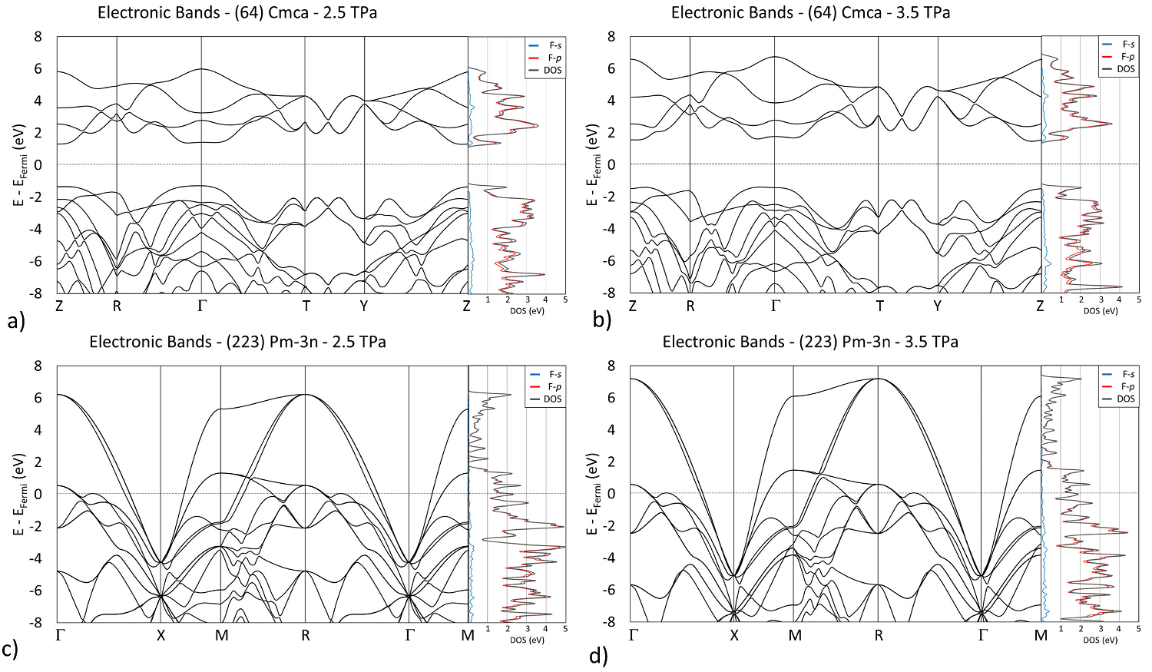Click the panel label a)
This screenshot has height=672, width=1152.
(x=15, y=320)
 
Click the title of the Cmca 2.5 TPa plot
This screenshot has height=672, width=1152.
(x=237, y=12)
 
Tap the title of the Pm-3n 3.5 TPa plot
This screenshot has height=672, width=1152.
(x=810, y=342)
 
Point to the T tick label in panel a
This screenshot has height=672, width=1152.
(x=306, y=306)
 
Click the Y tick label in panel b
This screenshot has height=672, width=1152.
(x=938, y=306)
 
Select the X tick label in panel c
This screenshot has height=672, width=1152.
(x=161, y=635)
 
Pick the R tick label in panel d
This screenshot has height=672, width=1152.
(x=879, y=635)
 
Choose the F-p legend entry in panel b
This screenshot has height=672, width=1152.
(x=1127, y=57)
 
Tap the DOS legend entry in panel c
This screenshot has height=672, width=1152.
(x=553, y=399)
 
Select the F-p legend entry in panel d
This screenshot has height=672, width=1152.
(x=1127, y=386)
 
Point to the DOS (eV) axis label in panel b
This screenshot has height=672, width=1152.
(x=1101, y=311)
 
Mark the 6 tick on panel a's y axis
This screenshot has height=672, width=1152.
(x=38, y=68)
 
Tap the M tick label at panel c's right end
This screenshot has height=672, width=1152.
(x=468, y=635)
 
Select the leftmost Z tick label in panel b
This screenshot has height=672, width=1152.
(x=633, y=306)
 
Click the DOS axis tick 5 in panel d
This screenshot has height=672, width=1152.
(x=1138, y=629)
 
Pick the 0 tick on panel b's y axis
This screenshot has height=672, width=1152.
(x=611, y=164)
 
